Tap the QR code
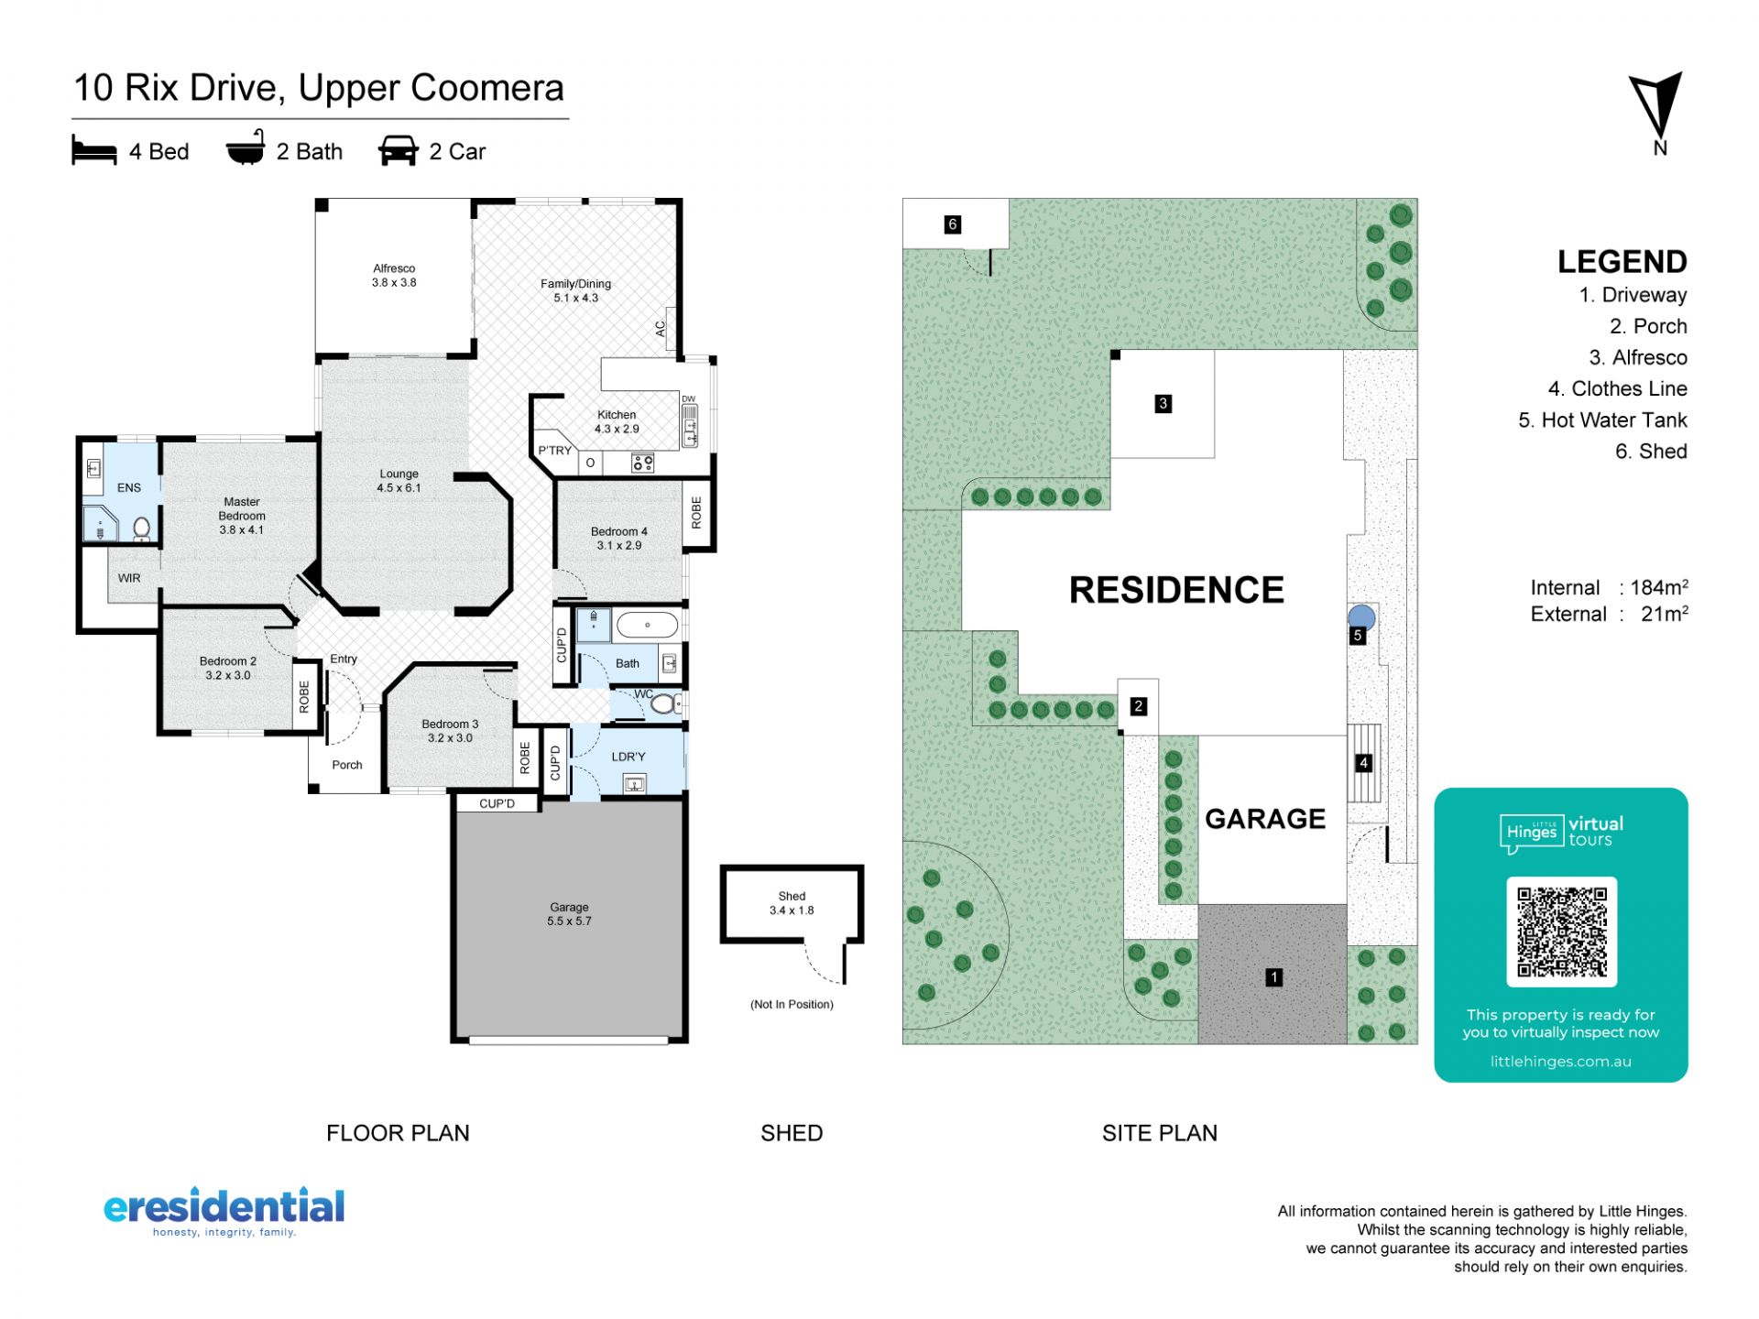click(x=1561, y=932)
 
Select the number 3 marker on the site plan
click(x=1163, y=403)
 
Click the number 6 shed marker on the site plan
click(x=953, y=224)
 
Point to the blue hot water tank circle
click(x=1361, y=617)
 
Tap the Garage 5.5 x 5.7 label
click(x=569, y=914)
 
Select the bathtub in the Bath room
click(x=647, y=626)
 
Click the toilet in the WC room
click(x=666, y=703)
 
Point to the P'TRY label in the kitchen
click(x=554, y=451)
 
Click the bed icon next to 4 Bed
click(x=94, y=151)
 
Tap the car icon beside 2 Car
click(x=399, y=151)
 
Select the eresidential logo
click(x=224, y=1212)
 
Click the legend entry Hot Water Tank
click(x=1602, y=420)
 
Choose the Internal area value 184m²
click(x=1659, y=587)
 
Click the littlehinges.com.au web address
click(x=1561, y=1062)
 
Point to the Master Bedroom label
click(x=242, y=516)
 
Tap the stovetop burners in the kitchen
click(x=643, y=463)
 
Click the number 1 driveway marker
click(x=1273, y=977)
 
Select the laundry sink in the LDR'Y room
click(x=634, y=783)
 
